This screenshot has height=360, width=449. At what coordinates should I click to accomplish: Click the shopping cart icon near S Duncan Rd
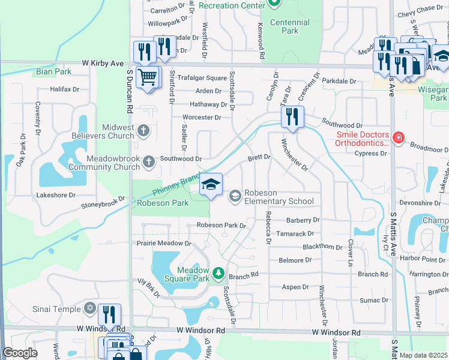tap(147, 76)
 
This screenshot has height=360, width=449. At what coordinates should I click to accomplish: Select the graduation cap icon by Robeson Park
tap(211, 184)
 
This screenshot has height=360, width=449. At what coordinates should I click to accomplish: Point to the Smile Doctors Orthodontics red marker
tap(397, 139)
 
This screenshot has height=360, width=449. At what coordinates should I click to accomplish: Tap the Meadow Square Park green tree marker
tap(218, 274)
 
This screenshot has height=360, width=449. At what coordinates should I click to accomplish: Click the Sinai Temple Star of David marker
tap(89, 308)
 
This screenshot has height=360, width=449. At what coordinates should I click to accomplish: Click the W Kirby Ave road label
tap(103, 63)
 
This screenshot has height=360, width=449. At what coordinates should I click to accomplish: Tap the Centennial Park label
tap(290, 26)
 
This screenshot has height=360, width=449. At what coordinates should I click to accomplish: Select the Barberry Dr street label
tap(303, 220)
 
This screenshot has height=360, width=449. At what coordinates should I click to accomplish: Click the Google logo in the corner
tap(20, 353)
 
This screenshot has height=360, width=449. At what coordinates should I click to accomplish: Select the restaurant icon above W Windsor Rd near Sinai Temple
tap(109, 314)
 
